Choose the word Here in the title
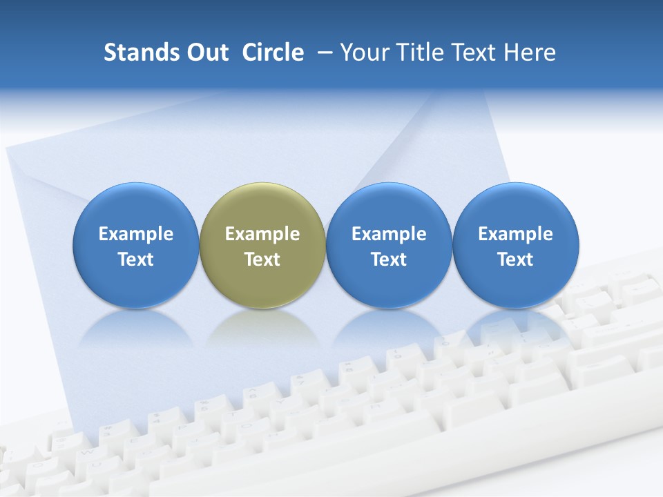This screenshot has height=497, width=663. [x=528, y=52]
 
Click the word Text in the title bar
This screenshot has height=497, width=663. [x=473, y=52]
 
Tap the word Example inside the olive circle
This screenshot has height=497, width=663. [x=262, y=234]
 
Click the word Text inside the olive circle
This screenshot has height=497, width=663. [x=262, y=260]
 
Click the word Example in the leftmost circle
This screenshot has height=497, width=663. [x=135, y=234]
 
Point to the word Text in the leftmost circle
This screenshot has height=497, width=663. [x=135, y=260]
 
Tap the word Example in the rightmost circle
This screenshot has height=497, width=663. [x=516, y=234]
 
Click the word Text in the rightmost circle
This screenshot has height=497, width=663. [x=516, y=260]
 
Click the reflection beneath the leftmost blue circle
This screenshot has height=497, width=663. [x=135, y=327]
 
